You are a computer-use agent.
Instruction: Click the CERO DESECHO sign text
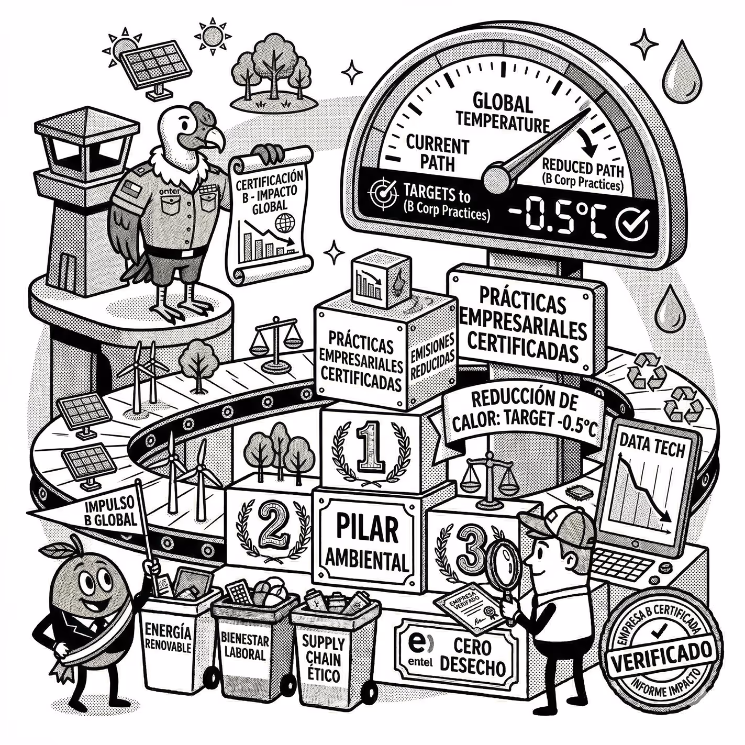[472, 657]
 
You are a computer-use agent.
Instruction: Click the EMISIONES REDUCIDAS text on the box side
[430, 356]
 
